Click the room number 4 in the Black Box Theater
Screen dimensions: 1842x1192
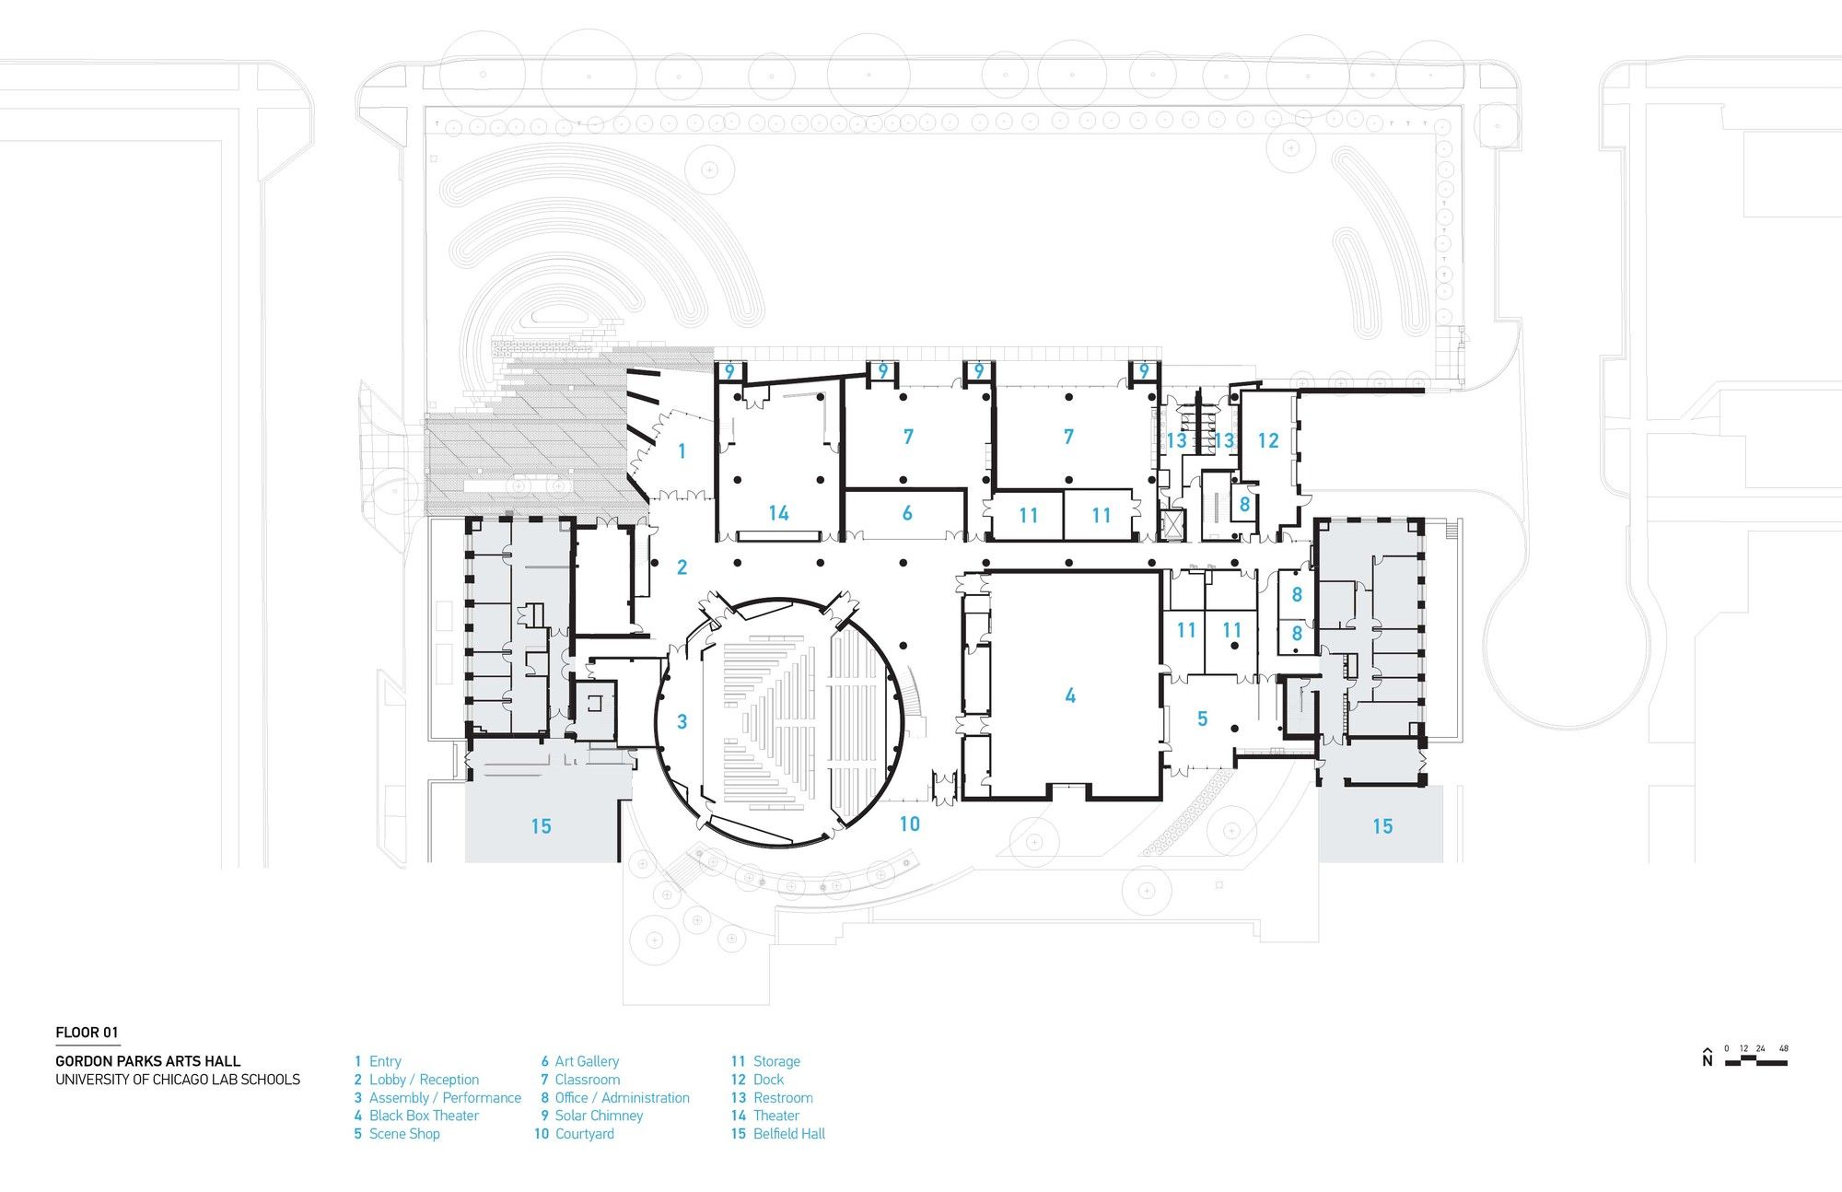point(1070,695)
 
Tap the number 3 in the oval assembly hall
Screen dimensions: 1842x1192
point(682,721)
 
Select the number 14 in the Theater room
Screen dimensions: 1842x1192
point(778,513)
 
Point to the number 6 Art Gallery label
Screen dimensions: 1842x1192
point(907,513)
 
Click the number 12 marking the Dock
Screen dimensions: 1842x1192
point(1268,441)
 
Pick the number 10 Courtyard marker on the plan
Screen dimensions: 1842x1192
point(909,824)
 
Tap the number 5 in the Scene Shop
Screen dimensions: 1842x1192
point(1202,719)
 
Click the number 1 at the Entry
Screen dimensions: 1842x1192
point(682,450)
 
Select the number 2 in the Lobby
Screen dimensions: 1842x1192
point(682,567)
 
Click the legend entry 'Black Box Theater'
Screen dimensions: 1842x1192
point(424,1116)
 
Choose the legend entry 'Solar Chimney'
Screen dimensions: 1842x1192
point(599,1116)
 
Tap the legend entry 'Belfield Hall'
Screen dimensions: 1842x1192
point(789,1134)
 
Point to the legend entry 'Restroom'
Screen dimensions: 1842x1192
point(783,1097)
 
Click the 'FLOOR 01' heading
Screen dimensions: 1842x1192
point(87,1033)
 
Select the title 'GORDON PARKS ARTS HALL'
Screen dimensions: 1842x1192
point(147,1061)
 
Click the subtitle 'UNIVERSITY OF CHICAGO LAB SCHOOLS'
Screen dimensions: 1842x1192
point(178,1080)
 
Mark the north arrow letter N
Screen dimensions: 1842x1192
point(1708,1061)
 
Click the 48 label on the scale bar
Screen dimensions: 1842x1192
point(1784,1048)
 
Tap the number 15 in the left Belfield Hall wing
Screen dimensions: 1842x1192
point(541,826)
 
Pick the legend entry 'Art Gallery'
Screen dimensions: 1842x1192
point(587,1061)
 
